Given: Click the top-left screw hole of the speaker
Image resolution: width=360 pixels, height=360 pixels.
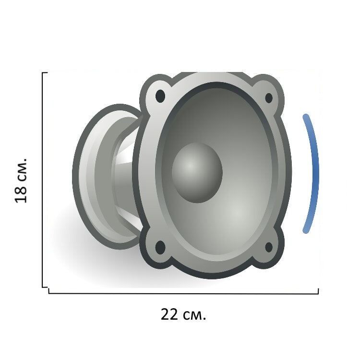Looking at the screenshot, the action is coord(160,96).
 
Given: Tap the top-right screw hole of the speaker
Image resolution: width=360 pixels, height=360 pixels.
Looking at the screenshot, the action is coord(269,98).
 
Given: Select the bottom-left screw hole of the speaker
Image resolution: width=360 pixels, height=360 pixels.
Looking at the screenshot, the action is coord(160,248).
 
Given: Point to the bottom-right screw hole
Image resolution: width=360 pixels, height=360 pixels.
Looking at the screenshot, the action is coord(269,247).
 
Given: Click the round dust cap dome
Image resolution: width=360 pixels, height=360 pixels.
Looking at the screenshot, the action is coord(197,173).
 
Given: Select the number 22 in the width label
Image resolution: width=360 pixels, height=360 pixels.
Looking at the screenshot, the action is coord(169,314).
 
